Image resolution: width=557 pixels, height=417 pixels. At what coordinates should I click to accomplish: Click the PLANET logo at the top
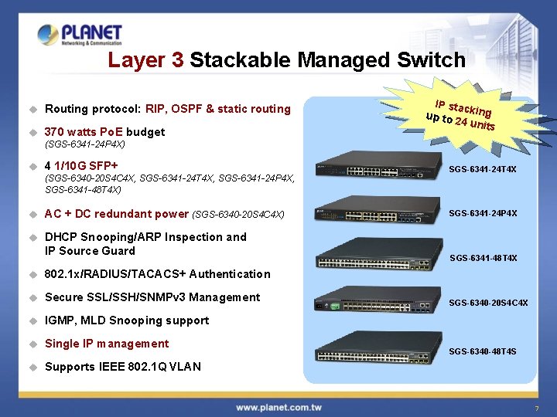[80, 34]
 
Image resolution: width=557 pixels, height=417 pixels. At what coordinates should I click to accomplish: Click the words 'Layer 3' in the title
[145, 59]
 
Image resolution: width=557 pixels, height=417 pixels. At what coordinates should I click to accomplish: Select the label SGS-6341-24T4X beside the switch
[483, 169]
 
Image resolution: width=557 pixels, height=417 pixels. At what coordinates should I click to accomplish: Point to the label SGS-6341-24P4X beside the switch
[483, 213]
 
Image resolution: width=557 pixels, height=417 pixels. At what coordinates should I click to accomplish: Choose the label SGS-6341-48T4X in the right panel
[483, 258]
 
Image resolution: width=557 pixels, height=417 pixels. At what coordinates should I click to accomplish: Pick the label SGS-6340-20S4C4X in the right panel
[488, 303]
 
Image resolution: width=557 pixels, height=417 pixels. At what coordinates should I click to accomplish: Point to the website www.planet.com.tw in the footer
[279, 407]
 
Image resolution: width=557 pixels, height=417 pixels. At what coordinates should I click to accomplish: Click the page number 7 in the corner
[535, 408]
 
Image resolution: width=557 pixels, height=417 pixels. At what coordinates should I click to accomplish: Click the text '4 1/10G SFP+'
[81, 166]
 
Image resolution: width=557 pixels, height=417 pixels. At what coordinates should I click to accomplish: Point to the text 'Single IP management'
[107, 344]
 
